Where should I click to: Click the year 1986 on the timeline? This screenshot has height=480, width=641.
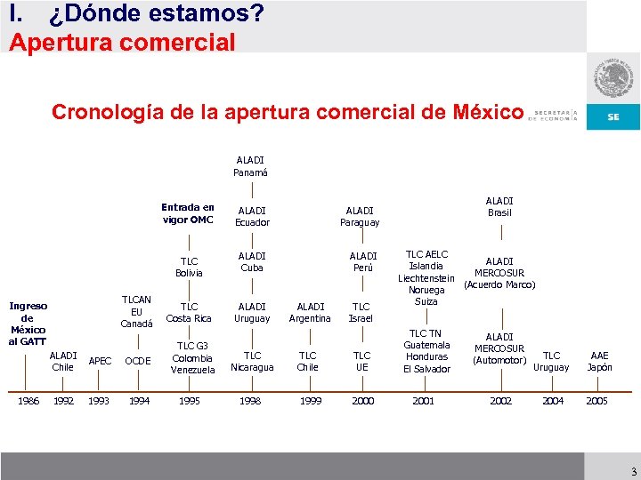click(29, 401)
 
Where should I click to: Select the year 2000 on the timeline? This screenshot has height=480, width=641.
click(363, 401)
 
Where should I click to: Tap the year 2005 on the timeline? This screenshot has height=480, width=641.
click(596, 401)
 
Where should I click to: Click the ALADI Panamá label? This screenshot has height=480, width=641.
click(250, 166)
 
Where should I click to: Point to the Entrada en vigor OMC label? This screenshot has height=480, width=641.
click(188, 213)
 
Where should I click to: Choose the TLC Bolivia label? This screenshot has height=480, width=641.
click(189, 268)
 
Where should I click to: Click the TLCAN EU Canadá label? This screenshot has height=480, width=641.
click(136, 311)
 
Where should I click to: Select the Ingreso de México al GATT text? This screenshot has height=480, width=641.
click(27, 323)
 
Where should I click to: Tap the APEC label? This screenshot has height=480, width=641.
click(101, 361)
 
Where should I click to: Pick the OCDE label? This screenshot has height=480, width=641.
click(137, 361)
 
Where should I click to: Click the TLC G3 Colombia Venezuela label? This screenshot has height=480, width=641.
click(192, 357)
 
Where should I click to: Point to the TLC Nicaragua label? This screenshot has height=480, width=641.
click(252, 361)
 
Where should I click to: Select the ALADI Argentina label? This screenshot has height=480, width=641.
click(310, 313)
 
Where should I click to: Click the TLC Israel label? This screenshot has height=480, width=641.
click(361, 312)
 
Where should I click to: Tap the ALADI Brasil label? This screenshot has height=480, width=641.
click(499, 207)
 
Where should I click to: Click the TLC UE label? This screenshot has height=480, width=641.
click(361, 361)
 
